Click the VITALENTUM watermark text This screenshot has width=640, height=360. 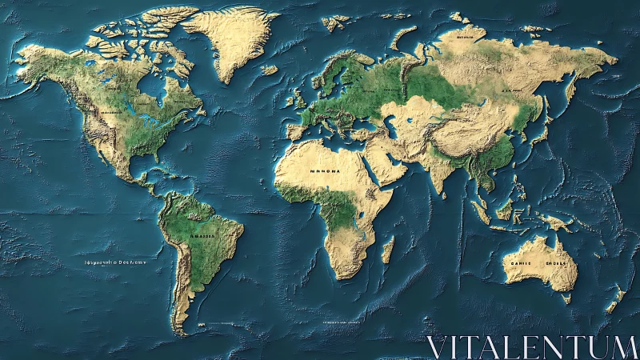(531, 347)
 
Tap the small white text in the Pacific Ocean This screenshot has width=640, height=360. (116, 262)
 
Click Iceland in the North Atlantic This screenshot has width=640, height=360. (269, 70)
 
